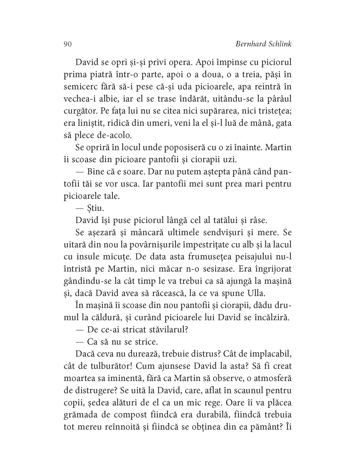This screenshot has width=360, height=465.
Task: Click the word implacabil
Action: point(270,353)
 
